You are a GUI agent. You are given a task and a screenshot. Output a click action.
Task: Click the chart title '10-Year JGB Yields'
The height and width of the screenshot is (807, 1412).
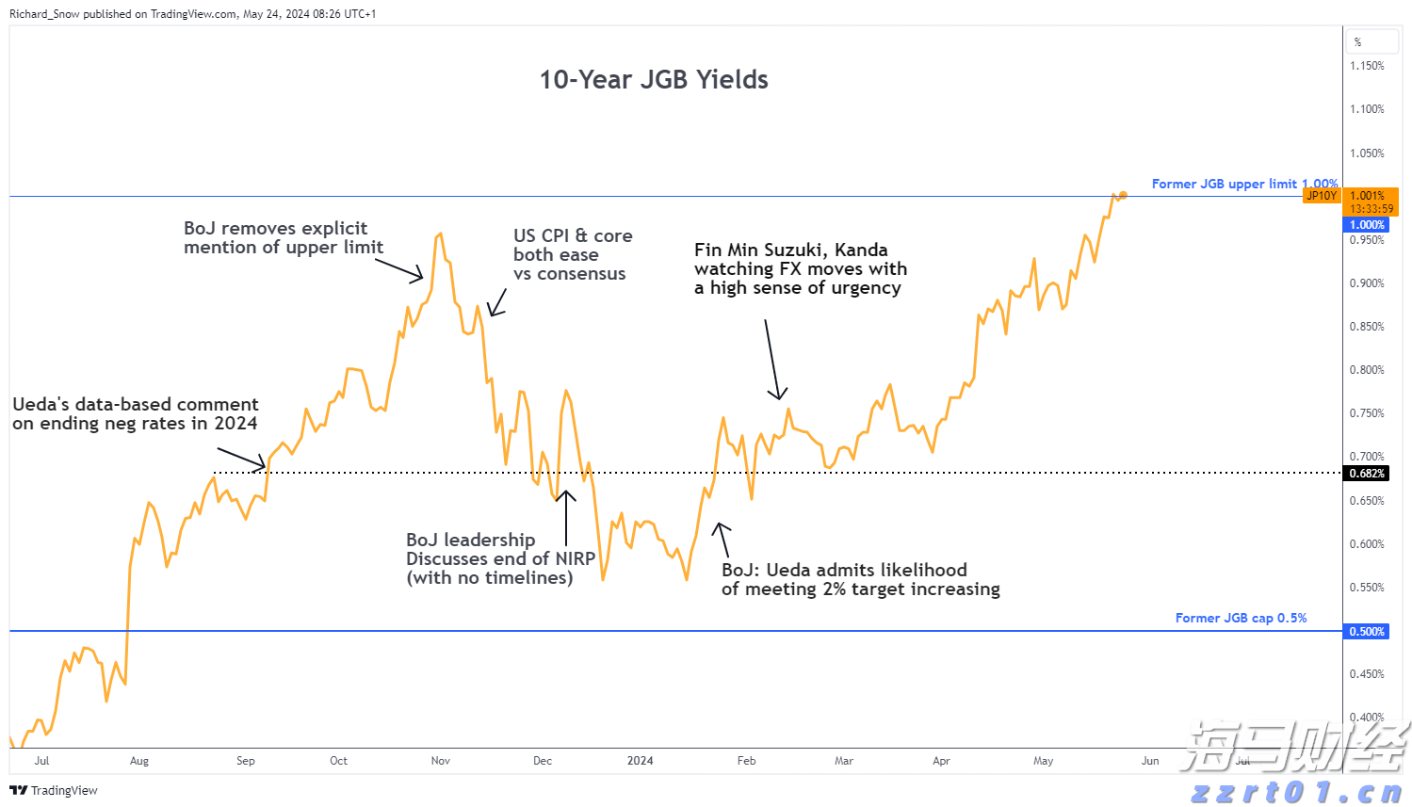653,80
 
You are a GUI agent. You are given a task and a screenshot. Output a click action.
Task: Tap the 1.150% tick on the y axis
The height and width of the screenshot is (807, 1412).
1367,66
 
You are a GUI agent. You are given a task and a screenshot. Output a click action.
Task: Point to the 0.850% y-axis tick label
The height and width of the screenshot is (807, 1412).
1367,327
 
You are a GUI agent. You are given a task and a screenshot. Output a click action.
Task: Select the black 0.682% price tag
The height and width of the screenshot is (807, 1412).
1367,474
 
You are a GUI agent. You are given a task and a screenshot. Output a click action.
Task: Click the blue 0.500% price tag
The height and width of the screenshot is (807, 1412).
1367,632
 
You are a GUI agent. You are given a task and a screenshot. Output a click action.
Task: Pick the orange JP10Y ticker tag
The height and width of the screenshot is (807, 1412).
1321,196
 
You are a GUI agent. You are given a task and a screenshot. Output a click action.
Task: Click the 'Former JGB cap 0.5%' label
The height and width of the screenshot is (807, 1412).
1241,618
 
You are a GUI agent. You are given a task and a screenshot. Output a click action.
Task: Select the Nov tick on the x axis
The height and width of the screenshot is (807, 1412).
440,761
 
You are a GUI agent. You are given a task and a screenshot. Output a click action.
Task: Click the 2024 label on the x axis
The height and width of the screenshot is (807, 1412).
640,761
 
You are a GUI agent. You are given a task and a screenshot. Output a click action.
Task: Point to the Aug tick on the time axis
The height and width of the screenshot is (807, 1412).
139,761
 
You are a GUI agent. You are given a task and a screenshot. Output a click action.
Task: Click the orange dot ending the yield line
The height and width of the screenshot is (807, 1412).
1123,195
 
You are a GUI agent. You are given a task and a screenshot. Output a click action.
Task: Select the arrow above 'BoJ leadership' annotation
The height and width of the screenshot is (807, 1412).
565,517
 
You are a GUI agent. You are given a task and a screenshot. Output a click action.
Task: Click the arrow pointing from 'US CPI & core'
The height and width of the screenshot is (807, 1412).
497,302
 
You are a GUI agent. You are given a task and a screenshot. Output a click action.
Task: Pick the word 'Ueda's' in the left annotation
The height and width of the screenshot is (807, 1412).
41,405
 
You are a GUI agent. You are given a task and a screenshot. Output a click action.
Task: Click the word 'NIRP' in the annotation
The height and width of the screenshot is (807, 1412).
575,558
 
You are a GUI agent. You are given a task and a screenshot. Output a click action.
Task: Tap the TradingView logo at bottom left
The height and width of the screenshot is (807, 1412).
54,790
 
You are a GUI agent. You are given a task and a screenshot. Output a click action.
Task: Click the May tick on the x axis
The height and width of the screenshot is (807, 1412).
1043,761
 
